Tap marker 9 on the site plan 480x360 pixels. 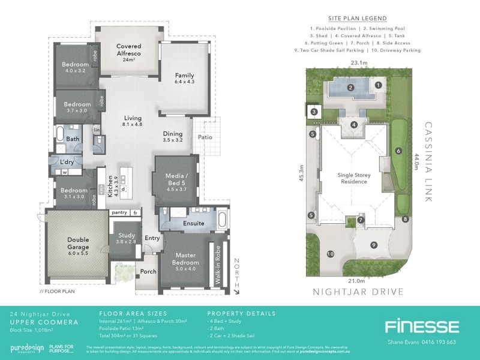coord(373,245)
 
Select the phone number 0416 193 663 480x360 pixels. coord(437,341)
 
